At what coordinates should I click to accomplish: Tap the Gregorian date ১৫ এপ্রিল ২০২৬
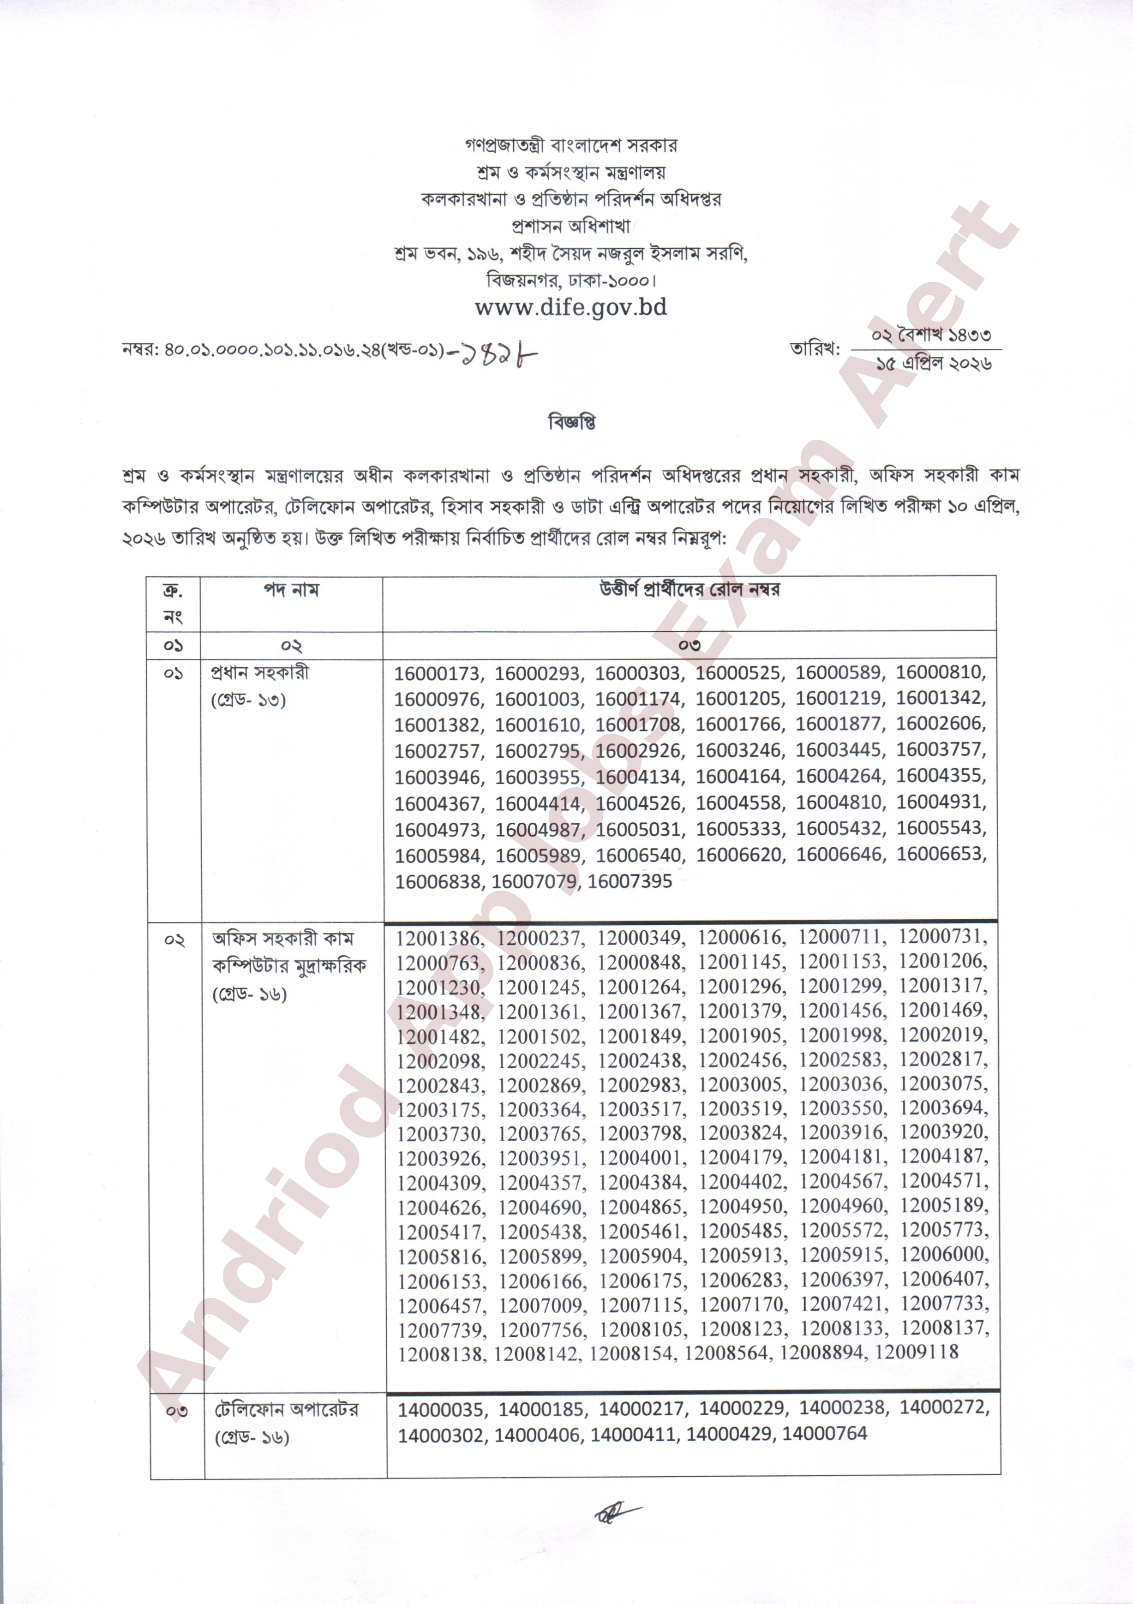pyautogui.click(x=934, y=363)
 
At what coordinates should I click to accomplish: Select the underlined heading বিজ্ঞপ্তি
pyautogui.click(x=571, y=423)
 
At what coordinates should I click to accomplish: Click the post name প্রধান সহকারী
pyautogui.click(x=260, y=673)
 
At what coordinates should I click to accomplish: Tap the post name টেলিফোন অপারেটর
pyautogui.click(x=287, y=1409)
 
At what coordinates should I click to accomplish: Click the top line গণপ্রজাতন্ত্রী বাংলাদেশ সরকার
pyautogui.click(x=571, y=145)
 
